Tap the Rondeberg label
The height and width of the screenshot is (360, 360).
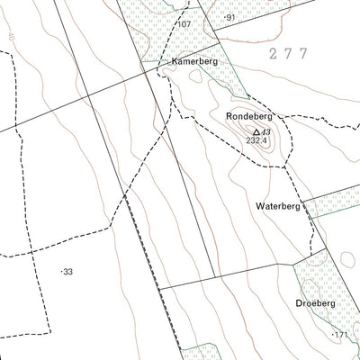[x=249, y=117]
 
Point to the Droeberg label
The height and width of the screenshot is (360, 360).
[x=316, y=303]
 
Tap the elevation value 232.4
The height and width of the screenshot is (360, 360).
[x=257, y=140]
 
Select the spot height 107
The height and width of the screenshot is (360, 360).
[x=185, y=24]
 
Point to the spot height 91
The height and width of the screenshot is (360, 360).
[x=231, y=18]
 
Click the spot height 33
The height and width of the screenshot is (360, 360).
[x=67, y=271]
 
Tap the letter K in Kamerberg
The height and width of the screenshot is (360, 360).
[x=163, y=61]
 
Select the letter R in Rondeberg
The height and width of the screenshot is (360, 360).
[x=229, y=117]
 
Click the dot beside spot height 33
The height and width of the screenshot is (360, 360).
[x=61, y=271]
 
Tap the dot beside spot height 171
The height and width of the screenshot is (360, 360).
[x=332, y=335]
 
